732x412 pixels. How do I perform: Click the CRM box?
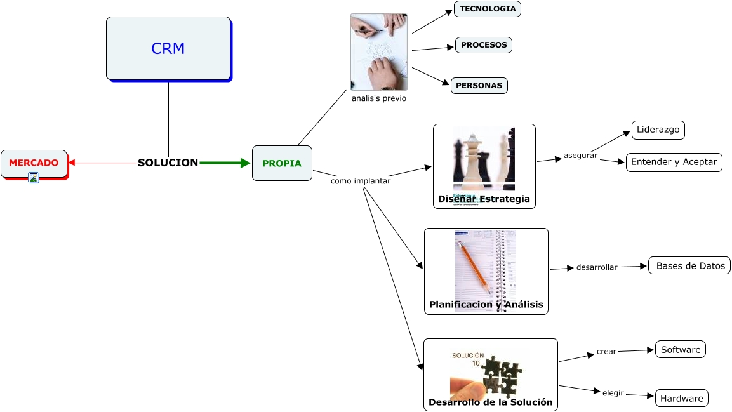click(168, 48)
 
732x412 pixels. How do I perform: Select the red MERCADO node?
click(34, 163)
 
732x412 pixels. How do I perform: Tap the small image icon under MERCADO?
click(34, 178)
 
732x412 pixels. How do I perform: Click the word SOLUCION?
click(168, 163)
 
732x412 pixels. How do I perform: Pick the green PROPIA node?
click(282, 163)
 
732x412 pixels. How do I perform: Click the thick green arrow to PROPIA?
click(225, 163)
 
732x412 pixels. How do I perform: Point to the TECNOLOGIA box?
click(488, 9)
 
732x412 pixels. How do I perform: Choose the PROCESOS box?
click(484, 45)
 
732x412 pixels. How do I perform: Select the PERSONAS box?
click(479, 86)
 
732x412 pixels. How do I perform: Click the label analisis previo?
click(379, 98)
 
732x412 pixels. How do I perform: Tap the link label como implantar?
click(361, 181)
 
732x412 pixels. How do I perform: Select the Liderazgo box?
click(658, 130)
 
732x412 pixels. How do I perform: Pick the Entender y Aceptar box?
click(674, 163)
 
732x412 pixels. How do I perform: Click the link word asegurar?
click(580, 156)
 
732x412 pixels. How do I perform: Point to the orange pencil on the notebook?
click(476, 267)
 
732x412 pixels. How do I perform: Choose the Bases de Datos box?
click(689, 266)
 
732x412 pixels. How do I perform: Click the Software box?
click(681, 350)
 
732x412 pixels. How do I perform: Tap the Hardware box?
click(682, 399)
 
